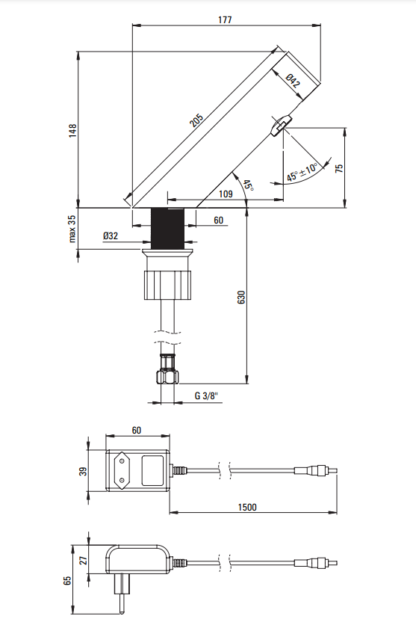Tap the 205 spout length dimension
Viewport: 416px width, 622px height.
[x=196, y=120]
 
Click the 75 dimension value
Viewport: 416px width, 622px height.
[x=338, y=168]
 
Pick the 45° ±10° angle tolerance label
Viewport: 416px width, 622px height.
[x=302, y=173]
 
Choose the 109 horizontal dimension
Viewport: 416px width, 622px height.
[x=225, y=194]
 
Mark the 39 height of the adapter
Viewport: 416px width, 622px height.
[x=84, y=470]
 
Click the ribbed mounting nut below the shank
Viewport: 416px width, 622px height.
[x=168, y=285]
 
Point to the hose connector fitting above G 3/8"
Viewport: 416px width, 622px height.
[x=168, y=368]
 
